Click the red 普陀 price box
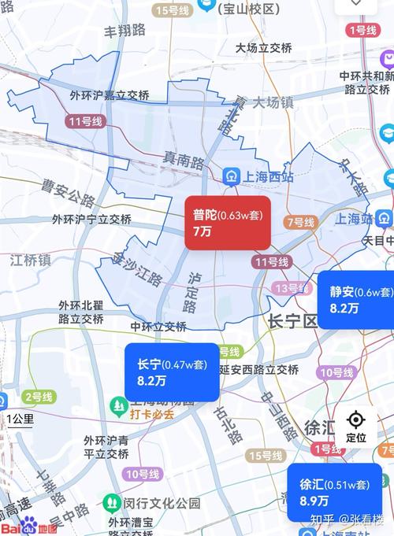[228, 223]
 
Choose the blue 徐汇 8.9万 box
[334, 491]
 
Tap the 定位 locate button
[356, 426]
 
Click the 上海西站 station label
[255, 176]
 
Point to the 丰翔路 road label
[125, 31]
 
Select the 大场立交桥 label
[264, 48]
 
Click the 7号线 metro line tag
[300, 223]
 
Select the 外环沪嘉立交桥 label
[109, 95]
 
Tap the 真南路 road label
[184, 161]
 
